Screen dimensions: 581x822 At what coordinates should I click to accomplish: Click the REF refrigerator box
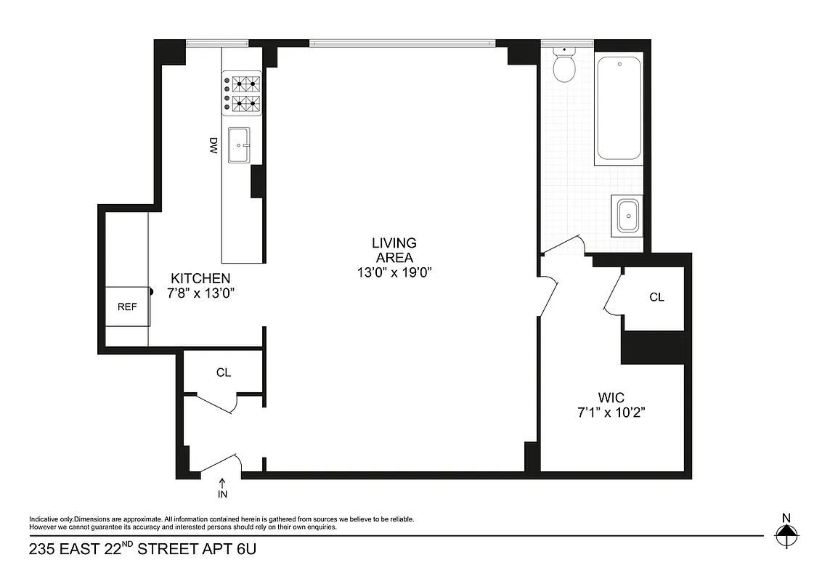coord(127,306)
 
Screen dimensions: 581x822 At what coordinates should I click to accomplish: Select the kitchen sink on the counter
coord(239,145)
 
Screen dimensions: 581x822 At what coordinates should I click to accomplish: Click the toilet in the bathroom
coord(564,64)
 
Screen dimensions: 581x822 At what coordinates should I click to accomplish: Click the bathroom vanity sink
coord(627,216)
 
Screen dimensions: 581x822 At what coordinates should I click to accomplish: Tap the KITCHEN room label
coord(200,278)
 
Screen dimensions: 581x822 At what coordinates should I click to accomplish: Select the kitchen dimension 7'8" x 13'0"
coord(200,293)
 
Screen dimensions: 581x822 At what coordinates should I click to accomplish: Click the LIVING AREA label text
coord(394,251)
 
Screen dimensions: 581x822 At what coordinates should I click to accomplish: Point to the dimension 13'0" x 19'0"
coord(394,273)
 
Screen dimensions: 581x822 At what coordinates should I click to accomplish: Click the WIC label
coord(611,397)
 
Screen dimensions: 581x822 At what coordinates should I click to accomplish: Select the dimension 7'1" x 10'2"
coord(611,413)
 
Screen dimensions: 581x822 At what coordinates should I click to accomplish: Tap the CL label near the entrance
coord(223,373)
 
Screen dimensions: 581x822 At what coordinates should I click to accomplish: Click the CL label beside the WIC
coord(656,297)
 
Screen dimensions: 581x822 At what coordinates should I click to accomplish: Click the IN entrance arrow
coord(222,487)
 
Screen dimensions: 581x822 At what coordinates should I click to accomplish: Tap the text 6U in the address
coord(246,549)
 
